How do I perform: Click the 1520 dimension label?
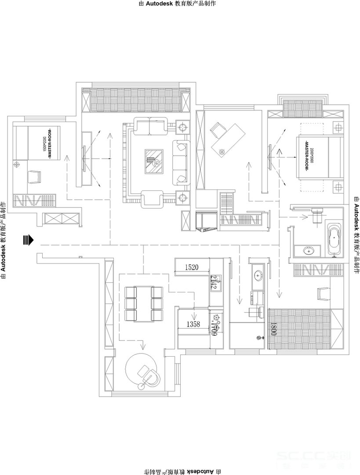click(x=192, y=267)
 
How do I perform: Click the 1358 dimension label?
click(x=193, y=325)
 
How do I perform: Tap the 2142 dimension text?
click(x=214, y=282)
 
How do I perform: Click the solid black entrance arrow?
click(x=29, y=240)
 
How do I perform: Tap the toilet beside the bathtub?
click(x=317, y=216)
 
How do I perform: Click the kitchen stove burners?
click(x=216, y=318)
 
